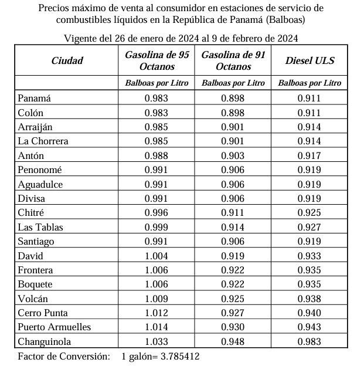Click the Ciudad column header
tap(67, 60)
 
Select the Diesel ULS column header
tap(309, 60)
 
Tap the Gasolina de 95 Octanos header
tap(157, 60)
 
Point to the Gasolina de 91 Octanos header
tap(233, 60)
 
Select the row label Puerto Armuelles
tap(54, 327)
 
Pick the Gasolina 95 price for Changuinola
tap(157, 341)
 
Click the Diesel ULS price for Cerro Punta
tap(309, 313)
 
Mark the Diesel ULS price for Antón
tap(309, 155)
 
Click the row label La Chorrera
tap(43, 141)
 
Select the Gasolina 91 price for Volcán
tap(233, 299)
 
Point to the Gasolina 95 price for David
tap(157, 256)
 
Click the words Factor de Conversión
tap(64, 356)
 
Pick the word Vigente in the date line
tap(81, 39)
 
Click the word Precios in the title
tap(54, 8)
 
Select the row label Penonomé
tap(40, 170)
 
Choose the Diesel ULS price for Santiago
tap(309, 241)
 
